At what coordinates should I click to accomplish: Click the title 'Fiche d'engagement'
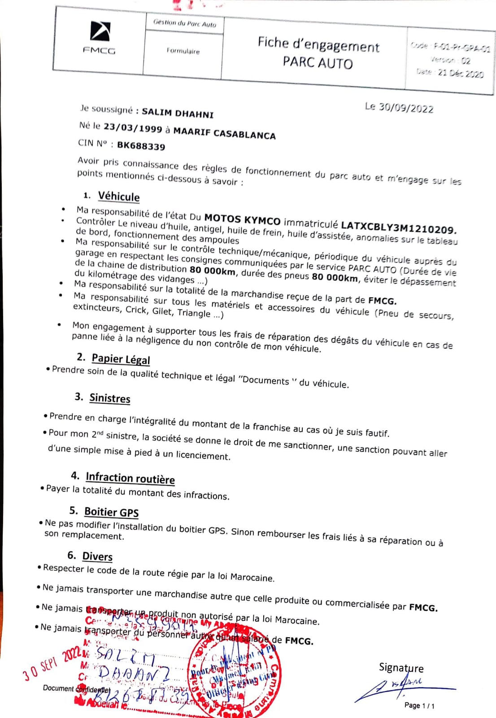[318, 45]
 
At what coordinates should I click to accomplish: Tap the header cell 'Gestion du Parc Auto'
[185, 23]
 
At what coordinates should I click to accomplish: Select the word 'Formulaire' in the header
[183, 51]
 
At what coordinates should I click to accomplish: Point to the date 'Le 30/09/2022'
[399, 108]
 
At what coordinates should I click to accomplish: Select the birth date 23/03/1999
[133, 128]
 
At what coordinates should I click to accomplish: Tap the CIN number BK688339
[141, 146]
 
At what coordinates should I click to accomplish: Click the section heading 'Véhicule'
[119, 197]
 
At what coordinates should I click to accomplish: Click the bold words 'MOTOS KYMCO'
[242, 219]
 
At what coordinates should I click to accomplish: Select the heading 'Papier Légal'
[121, 359]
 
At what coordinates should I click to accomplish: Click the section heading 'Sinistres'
[110, 398]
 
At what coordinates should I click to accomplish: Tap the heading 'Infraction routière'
[130, 478]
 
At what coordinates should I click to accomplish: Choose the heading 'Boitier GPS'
[111, 512]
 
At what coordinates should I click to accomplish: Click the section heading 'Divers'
[97, 556]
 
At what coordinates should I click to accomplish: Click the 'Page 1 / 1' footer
[419, 705]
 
